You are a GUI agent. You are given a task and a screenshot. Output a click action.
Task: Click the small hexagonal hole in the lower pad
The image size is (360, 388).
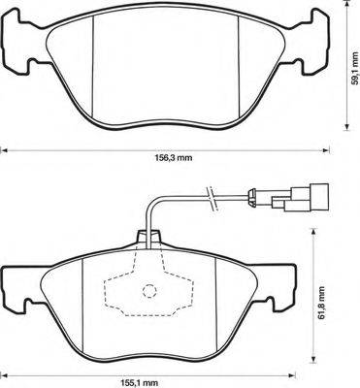coord(147,290)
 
